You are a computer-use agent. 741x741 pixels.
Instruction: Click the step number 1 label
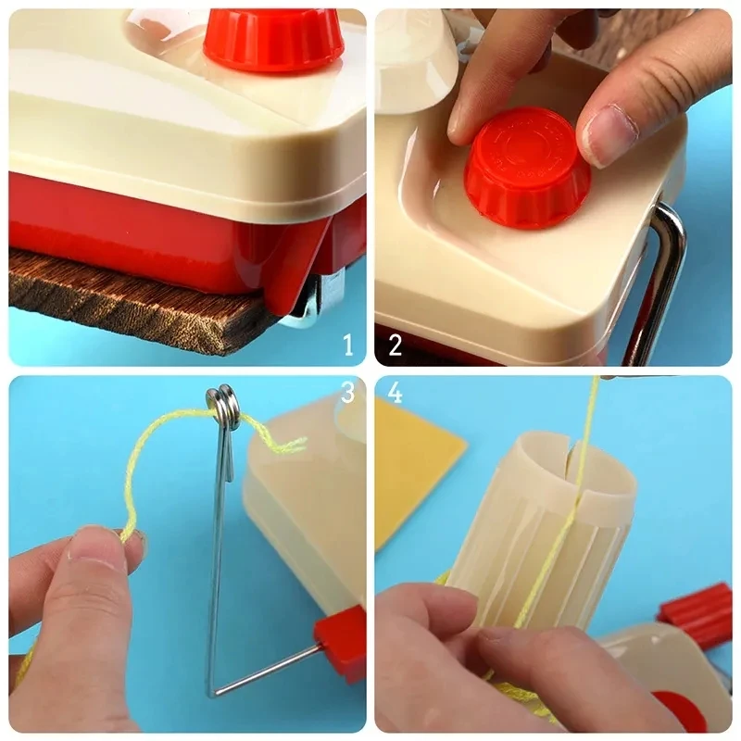point(348,346)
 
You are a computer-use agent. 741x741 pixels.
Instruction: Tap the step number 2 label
point(396,346)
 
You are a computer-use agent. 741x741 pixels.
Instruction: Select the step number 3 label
point(347,393)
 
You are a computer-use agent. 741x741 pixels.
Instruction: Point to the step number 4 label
point(396,393)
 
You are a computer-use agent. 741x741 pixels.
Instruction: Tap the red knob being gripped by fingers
point(526,167)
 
